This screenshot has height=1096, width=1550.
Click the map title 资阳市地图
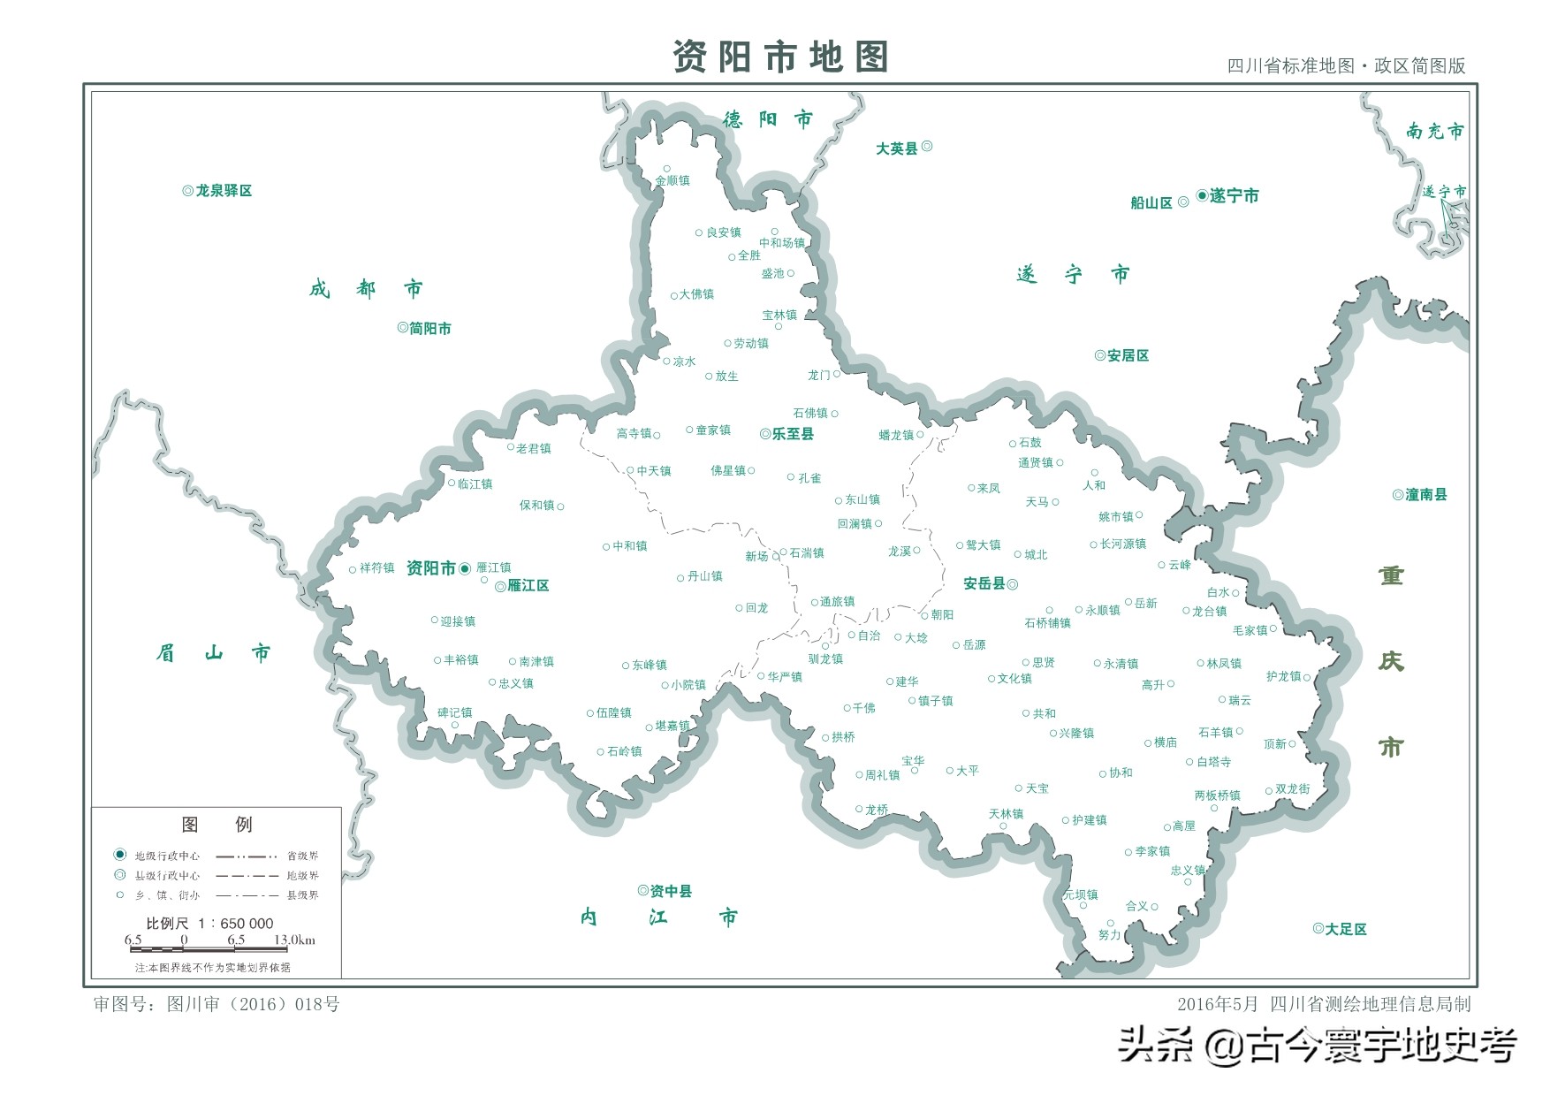tap(779, 57)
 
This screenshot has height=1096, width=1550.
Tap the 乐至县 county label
tap(792, 434)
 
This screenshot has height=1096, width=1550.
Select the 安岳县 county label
tap(984, 583)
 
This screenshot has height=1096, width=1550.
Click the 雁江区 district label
tap(528, 586)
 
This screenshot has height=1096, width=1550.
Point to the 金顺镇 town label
tap(672, 180)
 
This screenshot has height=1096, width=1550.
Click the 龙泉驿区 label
tap(223, 191)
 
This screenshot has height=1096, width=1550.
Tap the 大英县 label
tap(897, 148)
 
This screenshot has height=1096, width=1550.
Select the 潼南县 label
tap(1425, 495)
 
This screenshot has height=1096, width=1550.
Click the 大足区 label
tap(1345, 929)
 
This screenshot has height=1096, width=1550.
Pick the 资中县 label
tap(671, 891)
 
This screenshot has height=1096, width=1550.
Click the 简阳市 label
tap(429, 329)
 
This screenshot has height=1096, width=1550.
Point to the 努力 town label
tap(1109, 934)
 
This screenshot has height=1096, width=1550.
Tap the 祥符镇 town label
tap(376, 568)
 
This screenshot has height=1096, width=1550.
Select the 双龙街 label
tap(1292, 788)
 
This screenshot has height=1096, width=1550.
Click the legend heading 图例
tap(217, 825)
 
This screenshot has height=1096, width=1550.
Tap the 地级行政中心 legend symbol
tap(120, 855)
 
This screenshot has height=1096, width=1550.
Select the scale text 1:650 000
tap(236, 924)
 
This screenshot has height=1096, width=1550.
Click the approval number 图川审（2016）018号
tap(217, 1004)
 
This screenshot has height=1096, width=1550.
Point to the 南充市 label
tap(1434, 131)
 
